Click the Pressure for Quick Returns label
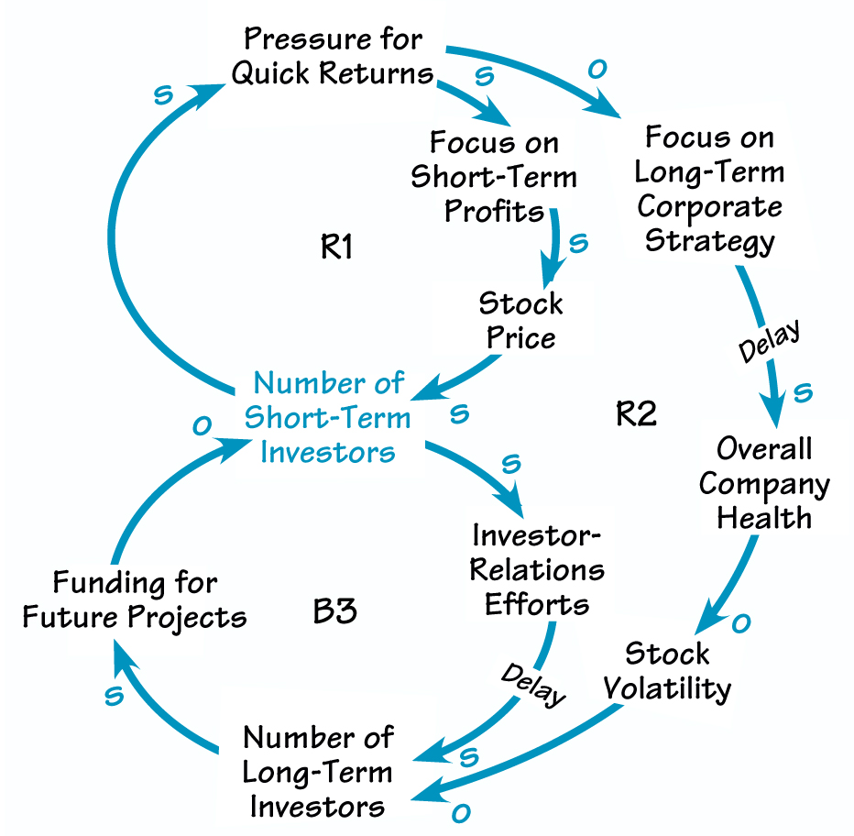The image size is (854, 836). [332, 56]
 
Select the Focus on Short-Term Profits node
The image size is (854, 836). [494, 176]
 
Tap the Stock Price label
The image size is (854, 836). [520, 320]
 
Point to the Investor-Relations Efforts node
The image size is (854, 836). [537, 570]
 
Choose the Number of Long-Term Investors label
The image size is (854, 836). [318, 772]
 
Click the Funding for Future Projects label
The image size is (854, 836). [135, 599]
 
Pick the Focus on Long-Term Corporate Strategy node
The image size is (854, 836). [710, 189]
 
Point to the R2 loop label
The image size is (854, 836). [636, 414]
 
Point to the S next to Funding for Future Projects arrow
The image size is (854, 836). [114, 697]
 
